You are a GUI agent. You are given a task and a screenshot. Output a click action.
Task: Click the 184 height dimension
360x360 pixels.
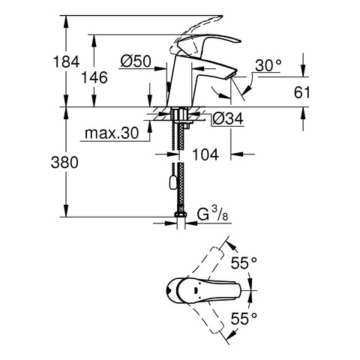click(x=66, y=61)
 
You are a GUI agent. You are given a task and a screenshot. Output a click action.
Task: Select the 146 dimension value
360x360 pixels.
click(x=94, y=77)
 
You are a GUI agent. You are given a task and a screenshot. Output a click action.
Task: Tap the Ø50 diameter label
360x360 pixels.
click(x=136, y=61)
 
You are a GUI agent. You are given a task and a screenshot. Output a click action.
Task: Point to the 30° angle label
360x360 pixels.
click(x=268, y=65)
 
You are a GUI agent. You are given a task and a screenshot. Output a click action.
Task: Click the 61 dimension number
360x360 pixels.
click(x=301, y=93)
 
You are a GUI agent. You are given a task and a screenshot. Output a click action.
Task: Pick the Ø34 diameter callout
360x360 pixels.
click(x=228, y=118)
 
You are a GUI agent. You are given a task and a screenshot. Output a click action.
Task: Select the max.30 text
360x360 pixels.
click(x=112, y=133)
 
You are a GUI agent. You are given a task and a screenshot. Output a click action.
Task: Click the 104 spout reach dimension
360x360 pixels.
click(x=205, y=154)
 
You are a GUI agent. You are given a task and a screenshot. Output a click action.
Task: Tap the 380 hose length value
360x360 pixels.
click(x=64, y=162)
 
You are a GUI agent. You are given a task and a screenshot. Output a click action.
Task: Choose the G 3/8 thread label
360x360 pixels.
click(x=212, y=214)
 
